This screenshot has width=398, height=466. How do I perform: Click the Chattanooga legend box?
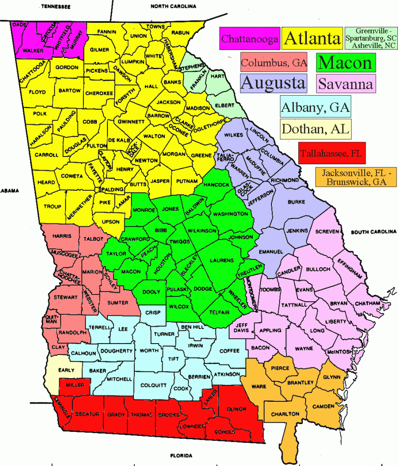[250, 39]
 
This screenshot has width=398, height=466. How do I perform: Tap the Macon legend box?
[346, 62]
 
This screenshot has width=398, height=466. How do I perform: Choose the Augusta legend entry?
[273, 83]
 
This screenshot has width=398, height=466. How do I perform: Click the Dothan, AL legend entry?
[316, 129]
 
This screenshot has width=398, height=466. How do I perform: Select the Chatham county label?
[367, 303]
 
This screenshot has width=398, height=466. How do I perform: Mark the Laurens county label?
[222, 260]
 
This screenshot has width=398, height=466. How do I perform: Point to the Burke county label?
[297, 202]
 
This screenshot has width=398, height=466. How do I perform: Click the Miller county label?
[75, 385]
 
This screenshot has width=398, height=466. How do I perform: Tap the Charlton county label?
[285, 414]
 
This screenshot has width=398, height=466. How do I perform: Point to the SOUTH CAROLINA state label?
[373, 232]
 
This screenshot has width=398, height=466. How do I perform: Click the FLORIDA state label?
[182, 456]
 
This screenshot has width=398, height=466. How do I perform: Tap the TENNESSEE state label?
[56, 7]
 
